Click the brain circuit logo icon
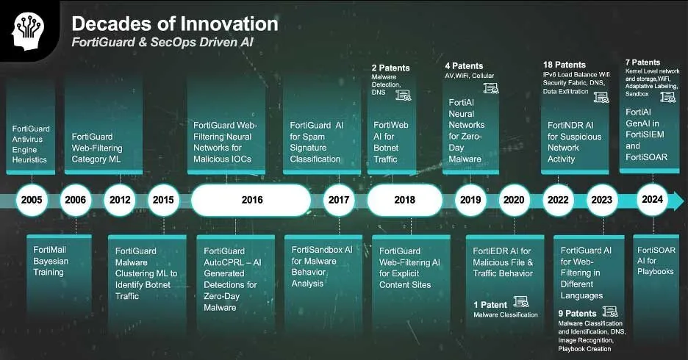click(29, 31)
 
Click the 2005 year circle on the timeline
click(32, 200)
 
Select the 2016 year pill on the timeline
click(251, 200)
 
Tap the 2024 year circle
click(653, 200)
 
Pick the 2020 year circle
click(514, 200)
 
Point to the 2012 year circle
click(120, 200)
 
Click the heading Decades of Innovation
click(175, 24)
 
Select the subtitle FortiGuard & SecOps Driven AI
click(162, 42)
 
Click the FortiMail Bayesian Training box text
click(51, 261)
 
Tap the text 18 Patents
click(565, 65)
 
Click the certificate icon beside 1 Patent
click(521, 301)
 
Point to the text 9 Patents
click(577, 314)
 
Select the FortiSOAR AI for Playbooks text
click(656, 261)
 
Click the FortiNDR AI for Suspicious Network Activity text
click(574, 142)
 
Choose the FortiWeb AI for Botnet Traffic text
click(390, 142)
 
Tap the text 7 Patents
click(642, 62)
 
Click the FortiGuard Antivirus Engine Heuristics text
click(31, 144)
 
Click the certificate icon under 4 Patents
click(491, 88)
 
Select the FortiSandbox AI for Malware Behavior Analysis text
click(322, 267)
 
